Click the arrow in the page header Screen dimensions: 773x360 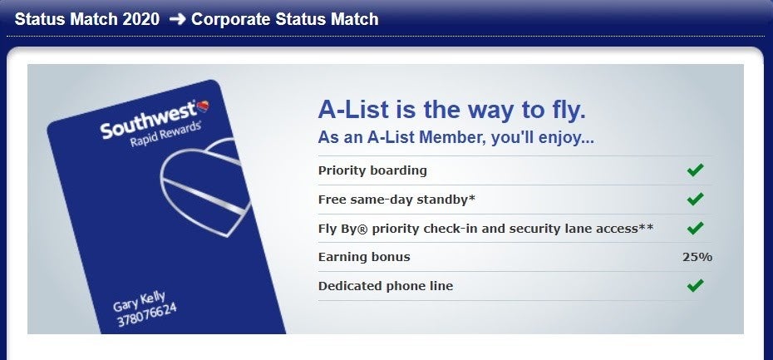pyautogui.click(x=177, y=19)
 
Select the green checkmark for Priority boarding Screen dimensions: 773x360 pyautogui.click(x=695, y=170)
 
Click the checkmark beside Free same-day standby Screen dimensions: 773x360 pyautogui.click(x=695, y=200)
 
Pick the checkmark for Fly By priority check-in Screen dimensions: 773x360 pyautogui.click(x=695, y=228)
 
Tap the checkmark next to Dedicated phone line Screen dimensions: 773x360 pyautogui.click(x=695, y=285)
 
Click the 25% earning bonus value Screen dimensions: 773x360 pyautogui.click(x=697, y=257)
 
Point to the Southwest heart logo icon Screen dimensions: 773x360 pyautogui.click(x=203, y=106)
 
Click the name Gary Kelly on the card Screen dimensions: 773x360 pyautogui.click(x=139, y=302)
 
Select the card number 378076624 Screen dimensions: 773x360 pyautogui.click(x=146, y=314)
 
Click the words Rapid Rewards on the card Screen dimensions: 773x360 pyautogui.click(x=165, y=134)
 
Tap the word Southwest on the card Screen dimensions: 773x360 pyautogui.click(x=149, y=121)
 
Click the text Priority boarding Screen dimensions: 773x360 pyautogui.click(x=372, y=170)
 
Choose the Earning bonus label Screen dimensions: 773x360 pyautogui.click(x=364, y=257)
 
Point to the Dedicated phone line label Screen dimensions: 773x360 pyautogui.click(x=386, y=286)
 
